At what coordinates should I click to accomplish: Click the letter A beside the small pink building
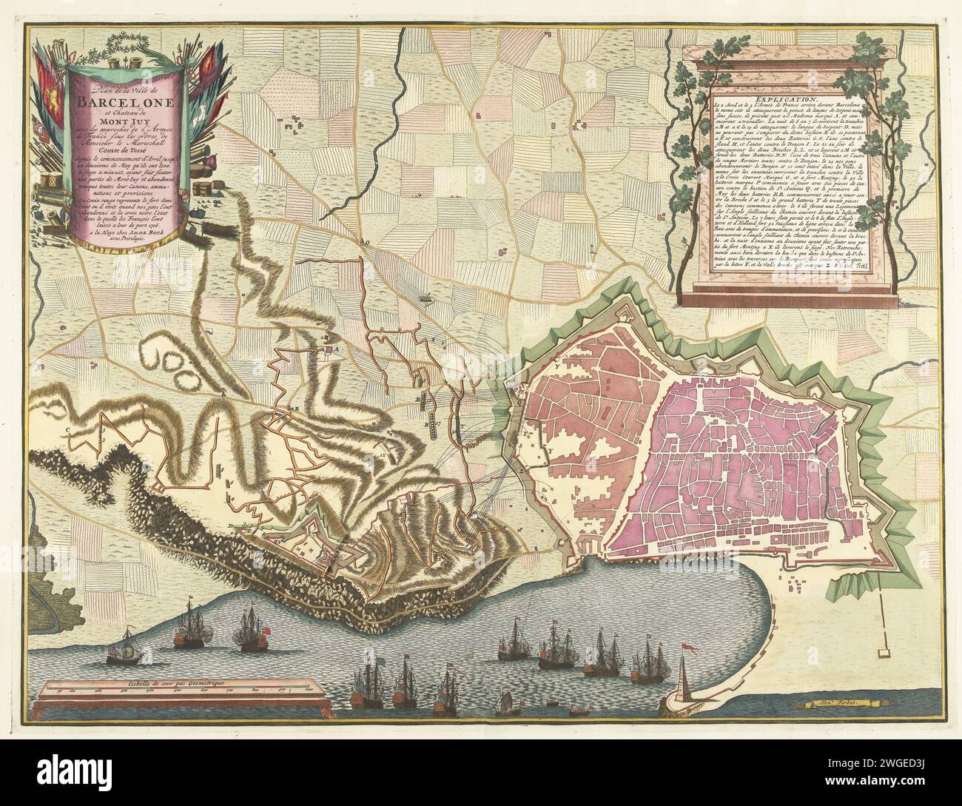[335, 348]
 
